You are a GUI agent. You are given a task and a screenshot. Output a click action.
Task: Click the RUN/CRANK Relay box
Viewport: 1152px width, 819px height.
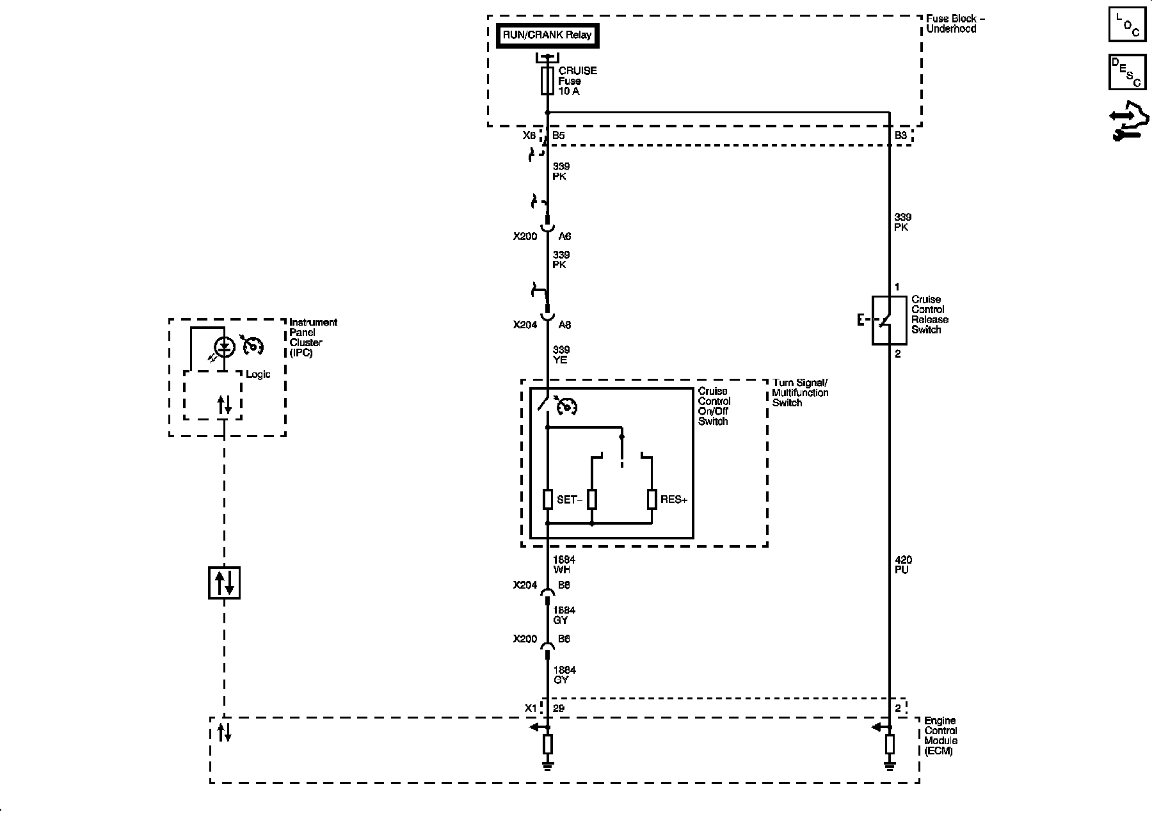pyautogui.click(x=547, y=36)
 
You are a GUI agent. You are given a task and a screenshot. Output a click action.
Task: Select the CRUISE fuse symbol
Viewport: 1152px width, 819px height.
pyautogui.click(x=547, y=81)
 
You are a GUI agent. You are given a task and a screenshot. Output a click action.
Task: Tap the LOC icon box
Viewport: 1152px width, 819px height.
pyautogui.click(x=1127, y=25)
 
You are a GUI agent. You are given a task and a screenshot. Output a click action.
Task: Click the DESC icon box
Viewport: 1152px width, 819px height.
pyautogui.click(x=1127, y=72)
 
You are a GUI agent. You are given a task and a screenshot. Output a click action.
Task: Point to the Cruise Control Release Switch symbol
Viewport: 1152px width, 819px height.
pyautogui.click(x=889, y=320)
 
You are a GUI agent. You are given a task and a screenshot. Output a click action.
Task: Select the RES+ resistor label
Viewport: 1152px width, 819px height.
pyautogui.click(x=674, y=500)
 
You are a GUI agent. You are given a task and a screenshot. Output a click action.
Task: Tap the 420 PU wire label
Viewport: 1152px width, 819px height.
pyautogui.click(x=902, y=565)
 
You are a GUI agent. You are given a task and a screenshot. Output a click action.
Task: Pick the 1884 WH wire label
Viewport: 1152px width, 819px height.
pyautogui.click(x=564, y=565)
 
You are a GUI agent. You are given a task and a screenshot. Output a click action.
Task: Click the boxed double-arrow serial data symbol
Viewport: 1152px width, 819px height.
pyautogui.click(x=224, y=582)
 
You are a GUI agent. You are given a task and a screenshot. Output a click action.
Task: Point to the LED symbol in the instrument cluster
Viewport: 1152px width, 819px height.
pyautogui.click(x=224, y=347)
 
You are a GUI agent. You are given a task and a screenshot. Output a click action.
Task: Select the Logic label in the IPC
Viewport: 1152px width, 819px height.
pyautogui.click(x=258, y=374)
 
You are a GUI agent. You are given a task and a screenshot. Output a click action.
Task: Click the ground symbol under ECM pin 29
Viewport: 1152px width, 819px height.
pyautogui.click(x=548, y=764)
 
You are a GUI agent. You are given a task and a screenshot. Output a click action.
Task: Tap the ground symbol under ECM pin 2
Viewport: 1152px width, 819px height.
pyautogui.click(x=890, y=764)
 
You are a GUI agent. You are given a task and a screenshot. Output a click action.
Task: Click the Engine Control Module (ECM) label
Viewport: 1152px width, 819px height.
pyautogui.click(x=940, y=736)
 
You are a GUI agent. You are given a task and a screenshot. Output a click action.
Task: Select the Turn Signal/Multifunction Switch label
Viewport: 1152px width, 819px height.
pyautogui.click(x=800, y=393)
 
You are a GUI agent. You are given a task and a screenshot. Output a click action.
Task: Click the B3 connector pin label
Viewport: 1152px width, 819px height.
pyautogui.click(x=900, y=135)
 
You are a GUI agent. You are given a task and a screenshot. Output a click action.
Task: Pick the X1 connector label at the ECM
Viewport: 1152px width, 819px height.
pyautogui.click(x=531, y=708)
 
